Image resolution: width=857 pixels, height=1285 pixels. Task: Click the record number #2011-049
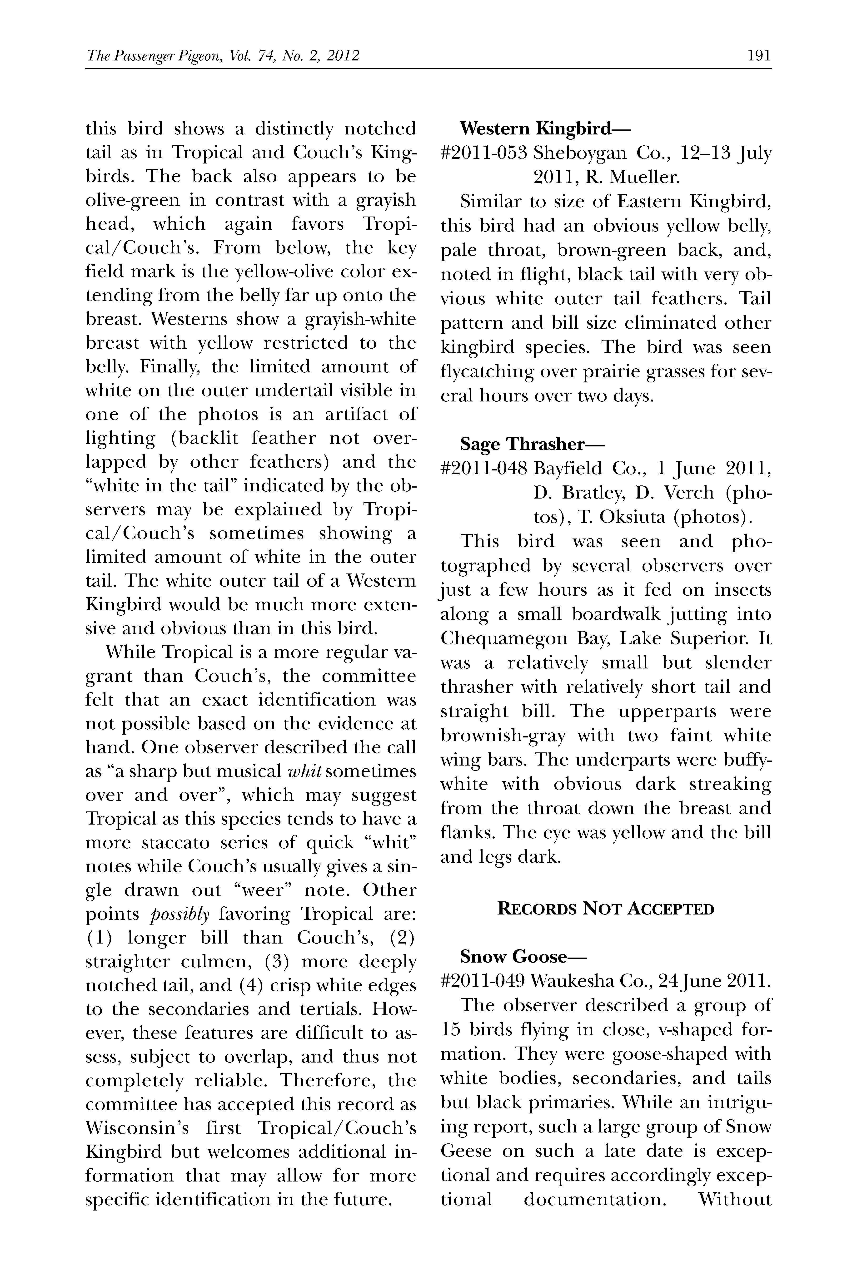tap(483, 981)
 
